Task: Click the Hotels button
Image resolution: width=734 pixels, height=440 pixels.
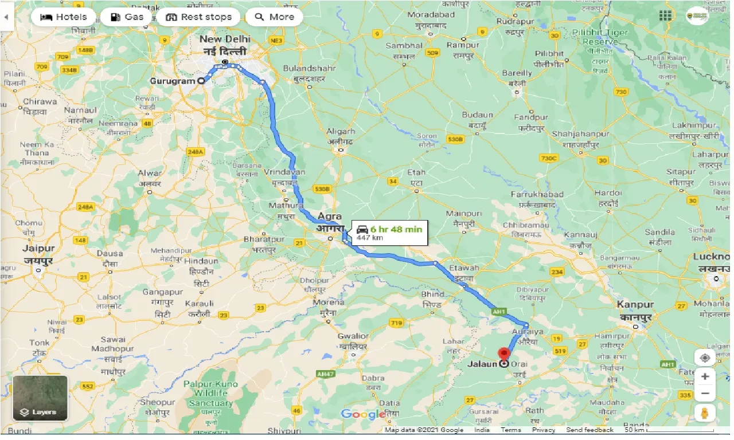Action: [63, 17]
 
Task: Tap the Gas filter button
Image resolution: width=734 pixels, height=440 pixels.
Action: [126, 17]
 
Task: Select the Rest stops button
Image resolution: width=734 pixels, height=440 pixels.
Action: [198, 17]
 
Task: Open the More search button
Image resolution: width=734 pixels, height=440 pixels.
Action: [274, 17]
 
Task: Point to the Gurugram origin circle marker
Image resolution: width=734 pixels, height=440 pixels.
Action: [201, 81]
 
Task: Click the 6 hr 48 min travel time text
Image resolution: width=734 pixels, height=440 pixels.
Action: [396, 229]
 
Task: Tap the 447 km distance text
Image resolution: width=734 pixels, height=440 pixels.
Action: [370, 237]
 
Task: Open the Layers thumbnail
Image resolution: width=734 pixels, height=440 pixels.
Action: [40, 398]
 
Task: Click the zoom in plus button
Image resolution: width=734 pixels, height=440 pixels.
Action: [705, 376]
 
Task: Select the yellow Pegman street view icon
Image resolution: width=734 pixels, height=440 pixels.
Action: [705, 412]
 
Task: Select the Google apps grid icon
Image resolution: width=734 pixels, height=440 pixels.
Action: [665, 15]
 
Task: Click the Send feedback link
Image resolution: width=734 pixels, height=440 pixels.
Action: [589, 430]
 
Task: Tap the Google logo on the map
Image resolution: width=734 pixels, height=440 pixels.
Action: [363, 414]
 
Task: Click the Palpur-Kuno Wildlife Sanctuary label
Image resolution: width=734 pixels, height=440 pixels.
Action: [210, 393]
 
